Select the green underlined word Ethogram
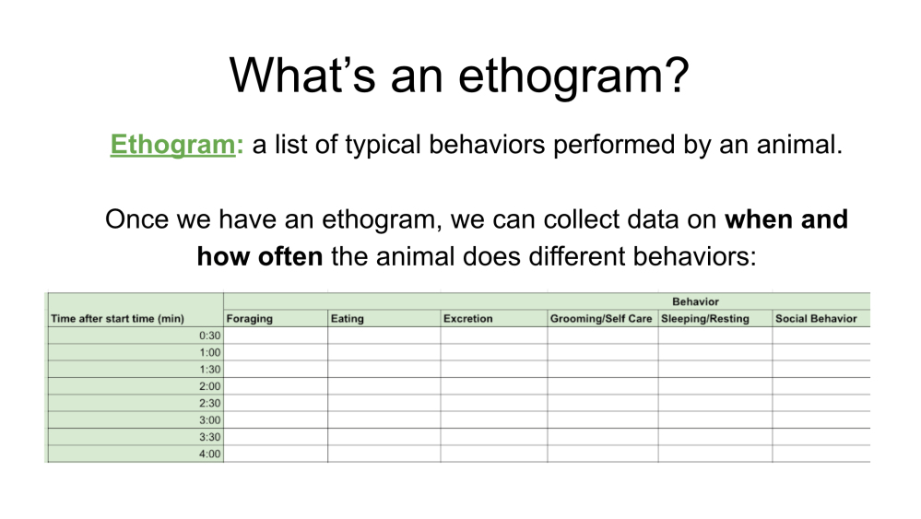pyautogui.click(x=171, y=145)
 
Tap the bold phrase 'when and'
pyautogui.click(x=786, y=219)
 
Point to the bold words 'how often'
pyautogui.click(x=259, y=255)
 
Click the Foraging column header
pyautogui.click(x=249, y=319)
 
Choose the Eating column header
pyautogui.click(x=347, y=319)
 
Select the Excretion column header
pyautogui.click(x=467, y=319)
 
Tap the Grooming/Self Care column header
pyautogui.click(x=601, y=319)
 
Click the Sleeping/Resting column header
pyautogui.click(x=705, y=319)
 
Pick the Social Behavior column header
pyautogui.click(x=816, y=319)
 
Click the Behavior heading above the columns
pyautogui.click(x=695, y=301)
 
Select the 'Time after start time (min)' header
pyautogui.click(x=118, y=319)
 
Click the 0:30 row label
pyautogui.click(x=209, y=336)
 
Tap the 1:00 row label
pyautogui.click(x=209, y=352)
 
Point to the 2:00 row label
pyautogui.click(x=209, y=386)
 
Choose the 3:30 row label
pyautogui.click(x=209, y=437)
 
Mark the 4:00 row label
pyautogui.click(x=209, y=454)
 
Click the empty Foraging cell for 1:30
pyautogui.click(x=276, y=369)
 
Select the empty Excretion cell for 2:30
pyautogui.click(x=493, y=403)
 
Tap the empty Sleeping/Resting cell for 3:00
pyautogui.click(x=714, y=419)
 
